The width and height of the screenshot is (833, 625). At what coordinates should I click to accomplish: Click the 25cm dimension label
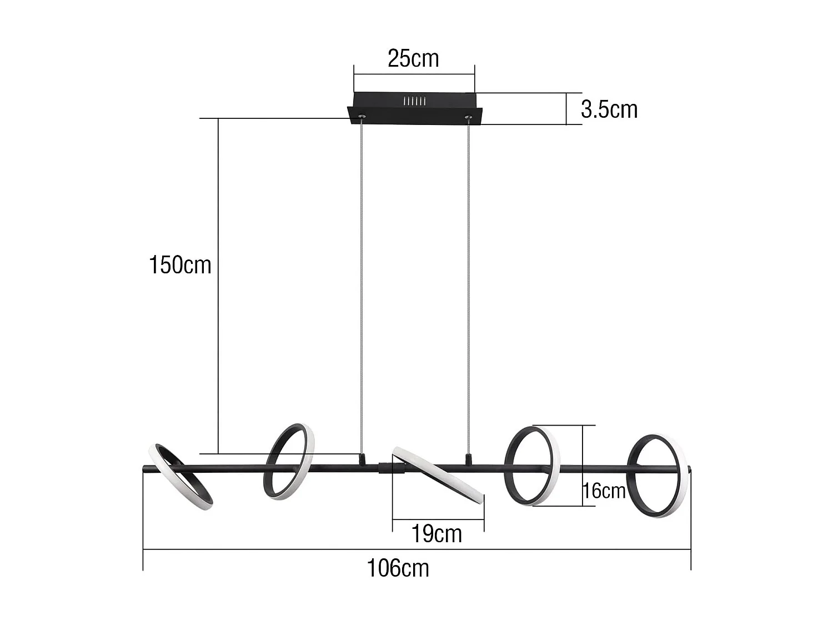tap(413, 58)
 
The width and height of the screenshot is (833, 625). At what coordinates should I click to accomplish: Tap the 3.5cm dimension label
tap(609, 110)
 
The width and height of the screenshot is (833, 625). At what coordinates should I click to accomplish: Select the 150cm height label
tap(180, 265)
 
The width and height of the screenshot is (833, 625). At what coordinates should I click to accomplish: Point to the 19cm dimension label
tap(436, 534)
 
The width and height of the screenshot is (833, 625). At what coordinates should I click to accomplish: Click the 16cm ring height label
tap(604, 491)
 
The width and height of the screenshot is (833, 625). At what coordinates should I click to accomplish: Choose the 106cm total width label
tap(398, 568)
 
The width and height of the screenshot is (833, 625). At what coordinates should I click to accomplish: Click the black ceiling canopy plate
tap(415, 108)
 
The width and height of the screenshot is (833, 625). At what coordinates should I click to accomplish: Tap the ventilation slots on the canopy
tap(414, 102)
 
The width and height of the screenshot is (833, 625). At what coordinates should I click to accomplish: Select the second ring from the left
tap(289, 462)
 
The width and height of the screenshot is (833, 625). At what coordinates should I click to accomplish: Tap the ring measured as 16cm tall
tap(532, 466)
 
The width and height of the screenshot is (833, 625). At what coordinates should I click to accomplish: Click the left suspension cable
tap(363, 278)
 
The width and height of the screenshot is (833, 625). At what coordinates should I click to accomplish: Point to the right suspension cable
tap(469, 278)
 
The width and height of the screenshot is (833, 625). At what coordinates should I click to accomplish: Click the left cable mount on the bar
tap(363, 459)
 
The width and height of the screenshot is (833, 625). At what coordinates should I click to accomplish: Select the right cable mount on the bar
tap(469, 459)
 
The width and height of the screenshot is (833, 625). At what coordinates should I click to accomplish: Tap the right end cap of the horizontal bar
tap(689, 470)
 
